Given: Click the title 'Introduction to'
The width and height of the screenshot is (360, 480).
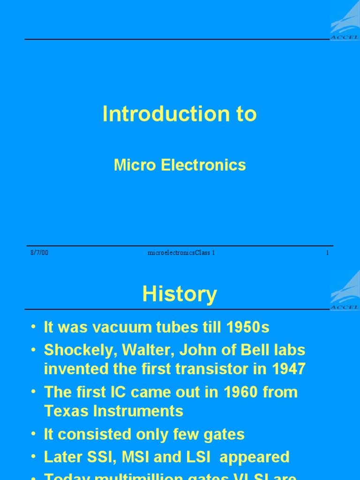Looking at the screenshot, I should click(180, 114).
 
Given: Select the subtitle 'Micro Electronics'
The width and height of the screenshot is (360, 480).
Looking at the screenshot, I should click(180, 165).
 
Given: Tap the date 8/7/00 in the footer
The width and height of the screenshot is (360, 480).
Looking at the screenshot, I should click(39, 253).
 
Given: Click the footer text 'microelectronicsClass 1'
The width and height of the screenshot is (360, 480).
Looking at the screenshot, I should click(181, 253).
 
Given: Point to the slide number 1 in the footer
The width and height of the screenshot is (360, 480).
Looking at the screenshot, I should click(327, 253).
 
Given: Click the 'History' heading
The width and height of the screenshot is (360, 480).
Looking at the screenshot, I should click(180, 294).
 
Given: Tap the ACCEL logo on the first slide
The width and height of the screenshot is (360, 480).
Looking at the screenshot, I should click(345, 21).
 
